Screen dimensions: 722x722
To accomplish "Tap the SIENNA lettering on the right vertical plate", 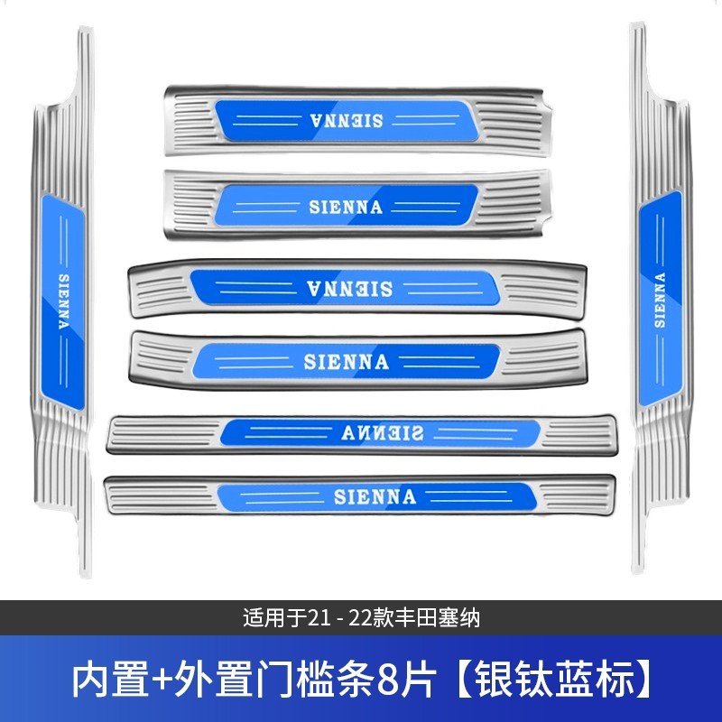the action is click(659, 298).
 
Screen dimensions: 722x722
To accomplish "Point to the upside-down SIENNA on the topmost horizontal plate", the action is click(346, 119).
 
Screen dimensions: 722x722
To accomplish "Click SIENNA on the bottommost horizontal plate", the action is click(374, 495).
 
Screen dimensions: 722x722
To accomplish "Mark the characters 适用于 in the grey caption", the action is click(274, 620).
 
